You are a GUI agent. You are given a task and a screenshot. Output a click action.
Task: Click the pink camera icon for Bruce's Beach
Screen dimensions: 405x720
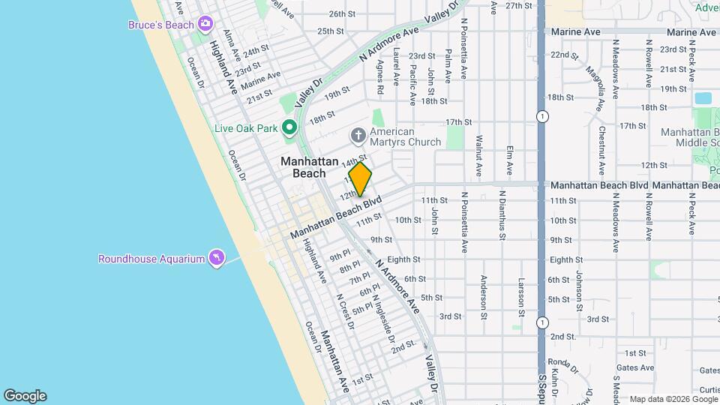(205, 25)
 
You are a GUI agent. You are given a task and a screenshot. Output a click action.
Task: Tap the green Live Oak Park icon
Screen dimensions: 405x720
(289, 128)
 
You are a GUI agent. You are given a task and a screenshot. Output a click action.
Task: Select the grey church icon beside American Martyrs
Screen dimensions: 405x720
(358, 136)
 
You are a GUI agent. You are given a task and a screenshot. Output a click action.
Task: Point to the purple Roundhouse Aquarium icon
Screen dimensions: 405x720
(217, 259)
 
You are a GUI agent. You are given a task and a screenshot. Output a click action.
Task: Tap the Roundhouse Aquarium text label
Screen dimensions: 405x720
(151, 259)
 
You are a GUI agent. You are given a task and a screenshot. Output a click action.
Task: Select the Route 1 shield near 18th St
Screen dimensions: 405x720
(541, 116)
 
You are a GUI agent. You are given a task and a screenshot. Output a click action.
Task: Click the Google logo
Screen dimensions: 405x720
(25, 396)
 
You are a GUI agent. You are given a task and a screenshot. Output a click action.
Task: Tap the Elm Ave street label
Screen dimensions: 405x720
(509, 156)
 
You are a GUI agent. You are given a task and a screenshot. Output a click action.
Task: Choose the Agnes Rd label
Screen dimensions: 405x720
(381, 76)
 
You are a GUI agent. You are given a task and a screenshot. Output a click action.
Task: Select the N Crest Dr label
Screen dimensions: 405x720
(345, 310)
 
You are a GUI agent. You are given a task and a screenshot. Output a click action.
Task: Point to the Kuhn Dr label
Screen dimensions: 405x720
(553, 382)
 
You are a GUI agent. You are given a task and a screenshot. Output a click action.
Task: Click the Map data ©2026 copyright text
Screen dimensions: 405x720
(659, 399)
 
